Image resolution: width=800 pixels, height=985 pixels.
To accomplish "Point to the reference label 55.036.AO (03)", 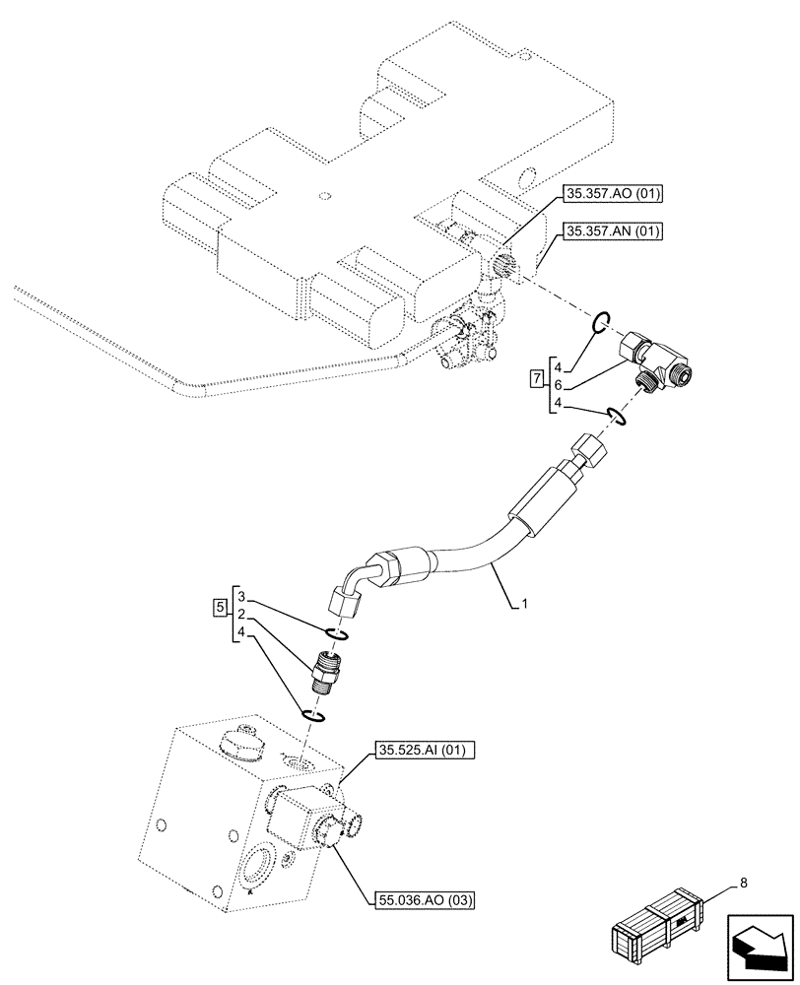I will pyautogui.click(x=425, y=899).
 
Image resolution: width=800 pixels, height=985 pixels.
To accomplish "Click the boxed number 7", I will pyautogui.click(x=535, y=378).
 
